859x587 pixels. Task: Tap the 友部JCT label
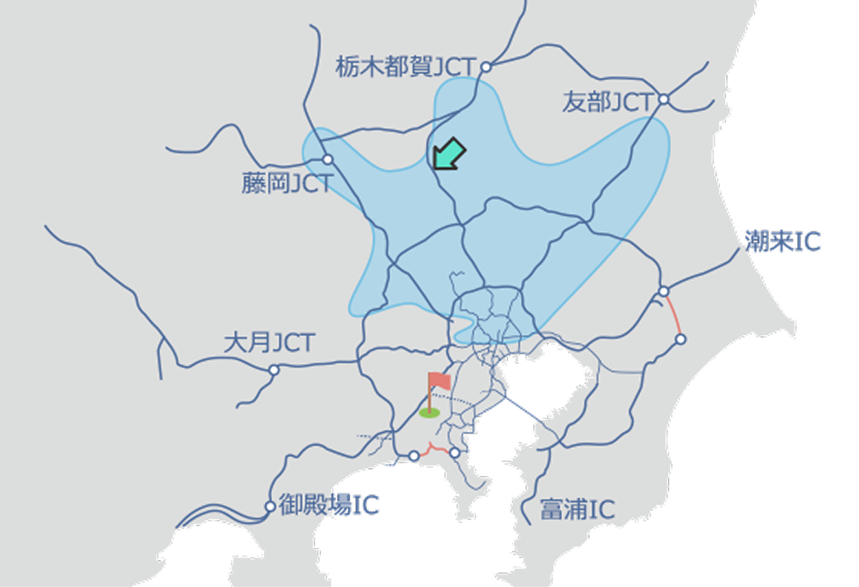607,102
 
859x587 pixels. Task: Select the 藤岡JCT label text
287,184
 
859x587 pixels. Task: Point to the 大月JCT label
269,343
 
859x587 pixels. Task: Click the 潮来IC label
783,241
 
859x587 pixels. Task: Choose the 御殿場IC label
328,505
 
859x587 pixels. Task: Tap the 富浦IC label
577,509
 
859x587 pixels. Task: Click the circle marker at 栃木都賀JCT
486,67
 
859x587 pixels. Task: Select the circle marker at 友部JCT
664,99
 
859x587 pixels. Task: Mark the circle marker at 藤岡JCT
328,159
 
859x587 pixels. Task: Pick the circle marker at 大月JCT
274,369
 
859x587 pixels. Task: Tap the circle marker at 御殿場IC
269,507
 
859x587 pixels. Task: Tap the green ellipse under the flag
429,413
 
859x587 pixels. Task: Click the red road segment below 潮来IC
673,315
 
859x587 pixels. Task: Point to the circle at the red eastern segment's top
664,291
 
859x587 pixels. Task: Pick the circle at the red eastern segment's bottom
681,340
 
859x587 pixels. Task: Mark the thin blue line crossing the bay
523,409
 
